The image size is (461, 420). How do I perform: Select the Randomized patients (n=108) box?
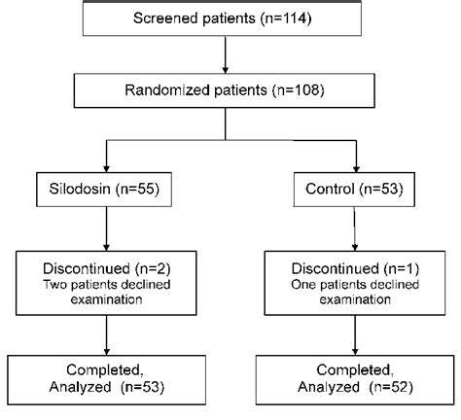pyautogui.click(x=226, y=90)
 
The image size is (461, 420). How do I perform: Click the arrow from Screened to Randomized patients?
pyautogui.click(x=226, y=56)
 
